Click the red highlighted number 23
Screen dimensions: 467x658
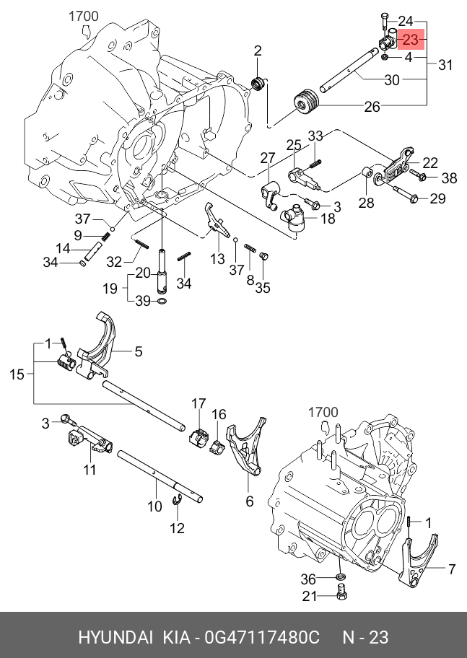(x=411, y=40)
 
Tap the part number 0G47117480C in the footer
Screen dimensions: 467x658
(x=262, y=637)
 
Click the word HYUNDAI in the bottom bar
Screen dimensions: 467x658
(x=115, y=637)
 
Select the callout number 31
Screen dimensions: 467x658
(x=445, y=65)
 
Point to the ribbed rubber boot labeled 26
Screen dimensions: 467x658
(x=306, y=102)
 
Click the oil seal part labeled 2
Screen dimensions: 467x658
(x=258, y=83)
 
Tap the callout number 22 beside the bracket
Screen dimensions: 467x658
(x=429, y=162)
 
